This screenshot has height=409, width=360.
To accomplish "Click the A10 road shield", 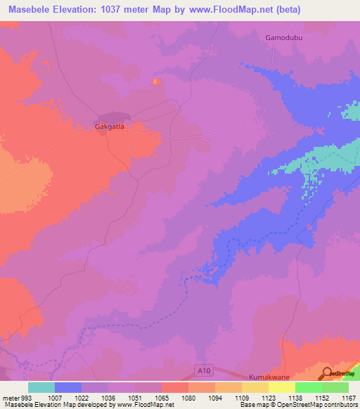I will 202,368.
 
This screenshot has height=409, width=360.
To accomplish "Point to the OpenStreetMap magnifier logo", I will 328,372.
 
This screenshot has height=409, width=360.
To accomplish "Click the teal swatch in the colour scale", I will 41,387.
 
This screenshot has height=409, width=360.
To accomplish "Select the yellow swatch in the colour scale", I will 282,387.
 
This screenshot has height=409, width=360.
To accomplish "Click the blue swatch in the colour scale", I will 68,387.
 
